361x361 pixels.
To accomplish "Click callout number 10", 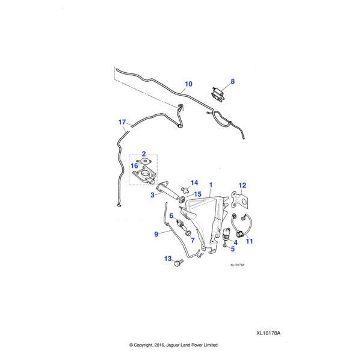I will tap(188, 84).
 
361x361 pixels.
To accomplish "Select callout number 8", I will tap(233, 81).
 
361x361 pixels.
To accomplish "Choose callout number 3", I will tap(153, 195).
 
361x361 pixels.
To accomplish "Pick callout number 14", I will tap(194, 182).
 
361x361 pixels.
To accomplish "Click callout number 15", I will tap(197, 194).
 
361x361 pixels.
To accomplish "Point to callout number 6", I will tap(171, 215).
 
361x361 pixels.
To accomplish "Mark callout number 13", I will tap(168, 259).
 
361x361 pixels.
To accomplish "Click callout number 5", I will tap(232, 248).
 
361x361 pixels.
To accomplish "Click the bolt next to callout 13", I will tap(179, 262).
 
